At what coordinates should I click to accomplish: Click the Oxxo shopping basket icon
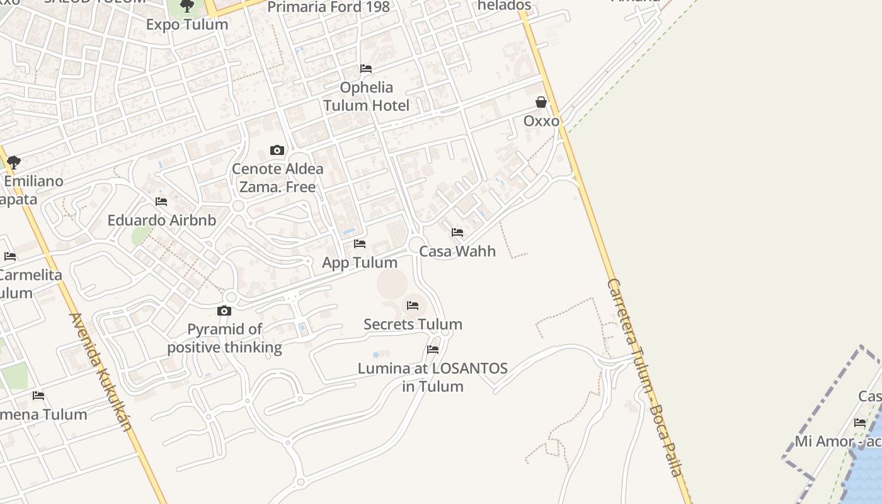pyautogui.click(x=541, y=102)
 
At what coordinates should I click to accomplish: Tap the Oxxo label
pyautogui.click(x=541, y=120)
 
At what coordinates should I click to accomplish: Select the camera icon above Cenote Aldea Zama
pyautogui.click(x=277, y=150)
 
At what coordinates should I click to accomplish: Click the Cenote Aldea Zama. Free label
pyautogui.click(x=278, y=178)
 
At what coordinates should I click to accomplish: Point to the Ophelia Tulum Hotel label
pyautogui.click(x=367, y=96)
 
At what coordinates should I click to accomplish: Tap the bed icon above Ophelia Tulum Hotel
pyautogui.click(x=366, y=69)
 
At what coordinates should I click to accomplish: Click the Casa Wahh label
pyautogui.click(x=457, y=251)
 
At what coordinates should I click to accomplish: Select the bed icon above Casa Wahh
pyautogui.click(x=457, y=233)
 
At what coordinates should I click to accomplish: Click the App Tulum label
pyautogui.click(x=360, y=263)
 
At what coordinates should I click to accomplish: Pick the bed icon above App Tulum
pyautogui.click(x=360, y=244)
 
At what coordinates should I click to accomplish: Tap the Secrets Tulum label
pyautogui.click(x=413, y=324)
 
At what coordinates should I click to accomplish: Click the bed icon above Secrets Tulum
pyautogui.click(x=413, y=306)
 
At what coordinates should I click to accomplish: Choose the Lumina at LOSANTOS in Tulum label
pyautogui.click(x=433, y=377)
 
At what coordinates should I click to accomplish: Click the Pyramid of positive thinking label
pyautogui.click(x=224, y=338)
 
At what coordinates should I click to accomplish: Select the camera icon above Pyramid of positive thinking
pyautogui.click(x=224, y=311)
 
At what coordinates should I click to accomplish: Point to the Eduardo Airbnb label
pyautogui.click(x=162, y=220)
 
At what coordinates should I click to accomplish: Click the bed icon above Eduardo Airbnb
pyautogui.click(x=161, y=202)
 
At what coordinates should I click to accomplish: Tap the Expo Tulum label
pyautogui.click(x=187, y=25)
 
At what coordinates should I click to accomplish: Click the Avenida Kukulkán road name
pyautogui.click(x=100, y=372)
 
